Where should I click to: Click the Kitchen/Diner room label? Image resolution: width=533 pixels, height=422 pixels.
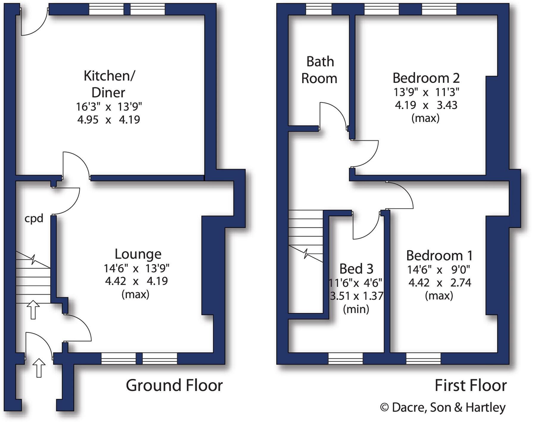pyautogui.click(x=109, y=84)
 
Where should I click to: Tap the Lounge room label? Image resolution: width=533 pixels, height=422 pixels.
pyautogui.click(x=138, y=254)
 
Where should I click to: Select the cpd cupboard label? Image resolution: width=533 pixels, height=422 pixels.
pyautogui.click(x=34, y=219)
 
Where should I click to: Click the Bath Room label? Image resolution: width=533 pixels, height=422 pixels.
pyautogui.click(x=319, y=70)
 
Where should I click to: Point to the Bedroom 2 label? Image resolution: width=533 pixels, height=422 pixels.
pyautogui.click(x=426, y=78)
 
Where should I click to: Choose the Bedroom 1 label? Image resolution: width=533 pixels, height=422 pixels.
pyautogui.click(x=439, y=256)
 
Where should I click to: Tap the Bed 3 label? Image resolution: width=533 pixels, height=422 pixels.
pyautogui.click(x=356, y=269)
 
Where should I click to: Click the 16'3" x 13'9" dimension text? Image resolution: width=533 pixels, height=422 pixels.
pyautogui.click(x=109, y=106)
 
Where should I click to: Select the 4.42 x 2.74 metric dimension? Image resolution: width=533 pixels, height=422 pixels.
pyautogui.click(x=439, y=282)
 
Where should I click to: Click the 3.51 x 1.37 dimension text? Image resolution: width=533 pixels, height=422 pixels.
pyautogui.click(x=356, y=296)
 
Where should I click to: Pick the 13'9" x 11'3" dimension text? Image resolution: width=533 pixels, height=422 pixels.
pyautogui.click(x=426, y=92)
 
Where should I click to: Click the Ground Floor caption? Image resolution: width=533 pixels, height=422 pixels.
pyautogui.click(x=174, y=385)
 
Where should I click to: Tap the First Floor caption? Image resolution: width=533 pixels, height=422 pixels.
pyautogui.click(x=471, y=385)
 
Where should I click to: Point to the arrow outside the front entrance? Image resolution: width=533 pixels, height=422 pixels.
pyautogui.click(x=39, y=368)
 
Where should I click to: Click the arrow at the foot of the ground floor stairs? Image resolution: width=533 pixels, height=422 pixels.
pyautogui.click(x=33, y=310)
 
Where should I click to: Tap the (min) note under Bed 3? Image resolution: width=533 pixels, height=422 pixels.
pyautogui.click(x=356, y=309)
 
